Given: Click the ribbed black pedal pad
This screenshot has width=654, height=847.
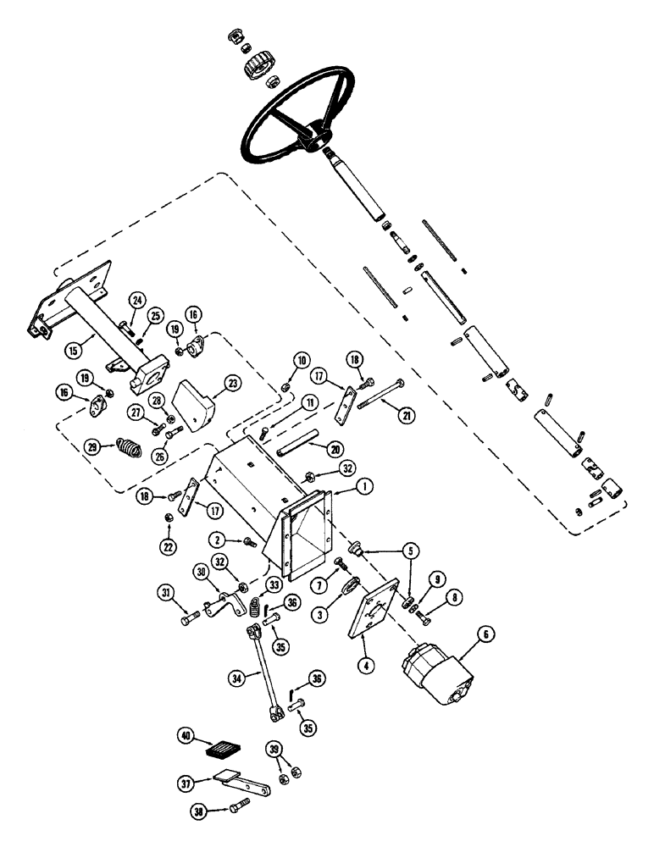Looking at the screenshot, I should point(225,750).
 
